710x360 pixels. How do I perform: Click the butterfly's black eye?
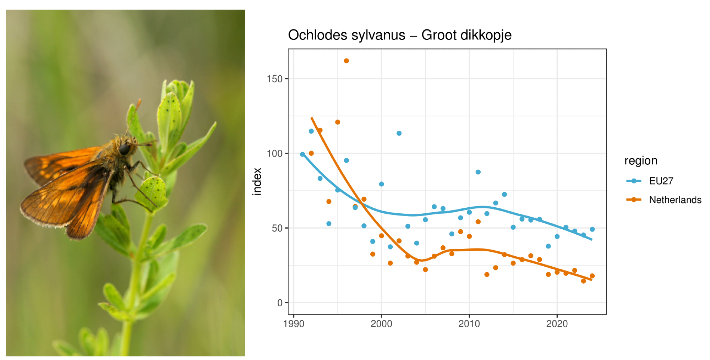pos(124,149)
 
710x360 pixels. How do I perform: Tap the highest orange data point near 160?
pos(346,61)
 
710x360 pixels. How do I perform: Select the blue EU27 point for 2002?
pos(399,133)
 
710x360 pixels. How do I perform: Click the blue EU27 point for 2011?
pos(478,172)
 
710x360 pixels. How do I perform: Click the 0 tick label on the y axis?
pos(280,303)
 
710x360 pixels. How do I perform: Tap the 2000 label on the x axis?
pos(381,324)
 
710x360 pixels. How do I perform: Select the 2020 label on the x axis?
pos(557,324)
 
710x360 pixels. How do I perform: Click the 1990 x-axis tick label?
pos(294,324)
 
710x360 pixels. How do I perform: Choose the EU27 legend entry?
pos(661,181)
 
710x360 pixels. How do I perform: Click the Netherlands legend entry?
pos(675,200)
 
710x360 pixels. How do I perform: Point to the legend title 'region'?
pos(641,161)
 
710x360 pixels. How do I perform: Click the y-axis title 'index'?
pos(257,181)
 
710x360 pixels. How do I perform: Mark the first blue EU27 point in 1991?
pos(302,154)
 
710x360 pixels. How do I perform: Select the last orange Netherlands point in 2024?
pos(592,276)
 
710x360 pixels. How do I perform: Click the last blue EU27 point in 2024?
pos(592,229)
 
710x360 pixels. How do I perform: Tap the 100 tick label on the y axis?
pos(275,153)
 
